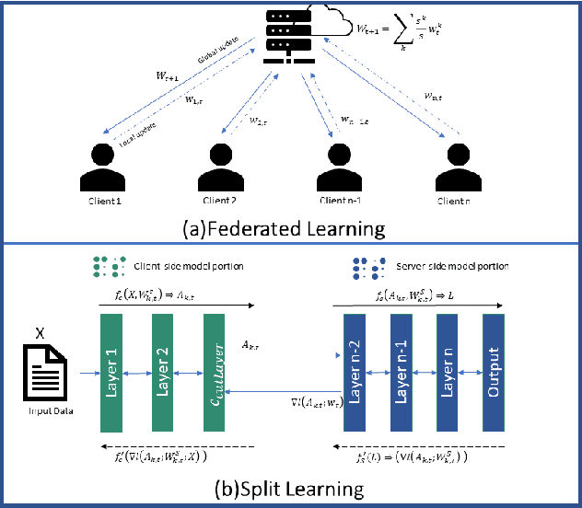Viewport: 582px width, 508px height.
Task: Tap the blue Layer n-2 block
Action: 356,373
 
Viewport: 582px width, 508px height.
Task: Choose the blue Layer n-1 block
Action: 402,373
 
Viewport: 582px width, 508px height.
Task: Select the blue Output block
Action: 495,373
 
